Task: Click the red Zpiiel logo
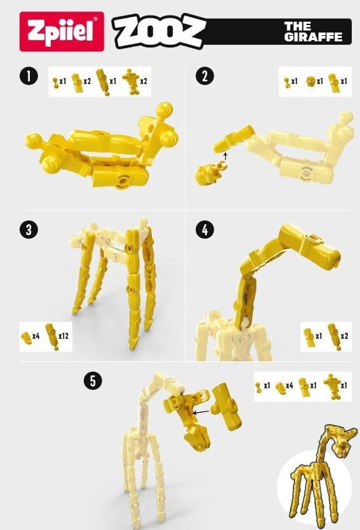point(62,31)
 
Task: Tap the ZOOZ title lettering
point(159,31)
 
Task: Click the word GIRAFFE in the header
point(313,37)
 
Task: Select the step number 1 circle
point(28,76)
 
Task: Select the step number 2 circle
point(205,76)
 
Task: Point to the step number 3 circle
point(28,230)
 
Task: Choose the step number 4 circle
point(205,230)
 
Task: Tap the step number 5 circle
point(93,381)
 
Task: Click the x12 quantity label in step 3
point(63,336)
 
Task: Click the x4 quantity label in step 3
point(36,336)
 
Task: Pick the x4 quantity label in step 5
point(289,386)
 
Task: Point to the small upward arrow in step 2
point(226,156)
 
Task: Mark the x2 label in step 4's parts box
point(344,336)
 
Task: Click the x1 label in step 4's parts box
point(319,336)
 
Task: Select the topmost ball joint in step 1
point(165,110)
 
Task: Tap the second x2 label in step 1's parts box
point(143,81)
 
